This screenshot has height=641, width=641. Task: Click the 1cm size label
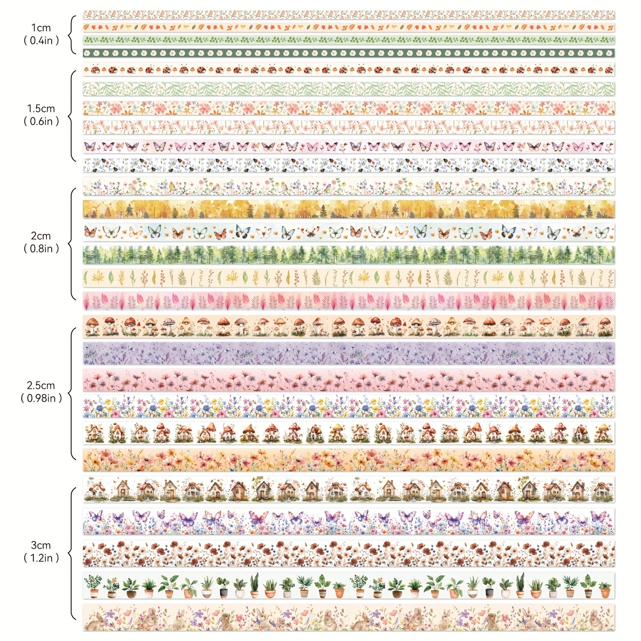41,28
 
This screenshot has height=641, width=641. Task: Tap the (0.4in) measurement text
41,41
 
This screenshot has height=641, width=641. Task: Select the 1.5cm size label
41,109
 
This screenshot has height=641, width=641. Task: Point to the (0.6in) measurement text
41,121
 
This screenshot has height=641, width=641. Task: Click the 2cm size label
41,236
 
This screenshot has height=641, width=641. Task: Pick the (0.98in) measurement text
41,398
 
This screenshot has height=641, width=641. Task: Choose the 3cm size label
41,545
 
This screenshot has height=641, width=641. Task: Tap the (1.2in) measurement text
41,558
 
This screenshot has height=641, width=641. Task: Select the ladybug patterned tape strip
349,69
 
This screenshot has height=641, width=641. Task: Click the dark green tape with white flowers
349,53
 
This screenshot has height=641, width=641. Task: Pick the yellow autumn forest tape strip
349,209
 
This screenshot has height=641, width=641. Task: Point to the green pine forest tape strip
349,255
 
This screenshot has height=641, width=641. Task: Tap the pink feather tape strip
349,301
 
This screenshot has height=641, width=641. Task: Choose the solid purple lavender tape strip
349,353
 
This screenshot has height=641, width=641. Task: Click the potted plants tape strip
349,585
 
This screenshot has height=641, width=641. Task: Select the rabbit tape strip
349,618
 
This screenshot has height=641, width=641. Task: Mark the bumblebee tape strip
349,165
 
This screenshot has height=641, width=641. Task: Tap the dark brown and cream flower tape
349,553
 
